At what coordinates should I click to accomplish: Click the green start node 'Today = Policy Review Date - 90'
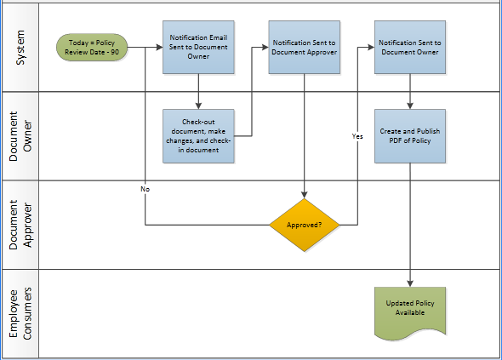click(92, 48)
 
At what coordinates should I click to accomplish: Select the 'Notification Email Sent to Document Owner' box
click(197, 48)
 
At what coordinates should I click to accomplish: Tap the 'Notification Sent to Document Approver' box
click(304, 47)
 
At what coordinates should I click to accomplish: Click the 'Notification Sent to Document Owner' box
click(409, 47)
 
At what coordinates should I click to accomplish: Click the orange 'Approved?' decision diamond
click(305, 226)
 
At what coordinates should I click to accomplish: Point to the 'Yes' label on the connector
click(357, 136)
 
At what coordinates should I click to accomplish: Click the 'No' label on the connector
click(145, 188)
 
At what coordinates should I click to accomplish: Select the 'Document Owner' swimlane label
click(20, 136)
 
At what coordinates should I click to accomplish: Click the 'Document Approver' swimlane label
click(20, 225)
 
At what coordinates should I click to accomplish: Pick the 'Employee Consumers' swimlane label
click(20, 313)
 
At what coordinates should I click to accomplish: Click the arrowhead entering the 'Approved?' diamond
click(305, 196)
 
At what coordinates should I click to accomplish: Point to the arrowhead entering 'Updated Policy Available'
click(410, 283)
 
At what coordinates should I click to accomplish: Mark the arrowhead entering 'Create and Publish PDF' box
click(410, 106)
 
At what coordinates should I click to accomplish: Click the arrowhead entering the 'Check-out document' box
click(197, 106)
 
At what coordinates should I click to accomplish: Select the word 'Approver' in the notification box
click(321, 52)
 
